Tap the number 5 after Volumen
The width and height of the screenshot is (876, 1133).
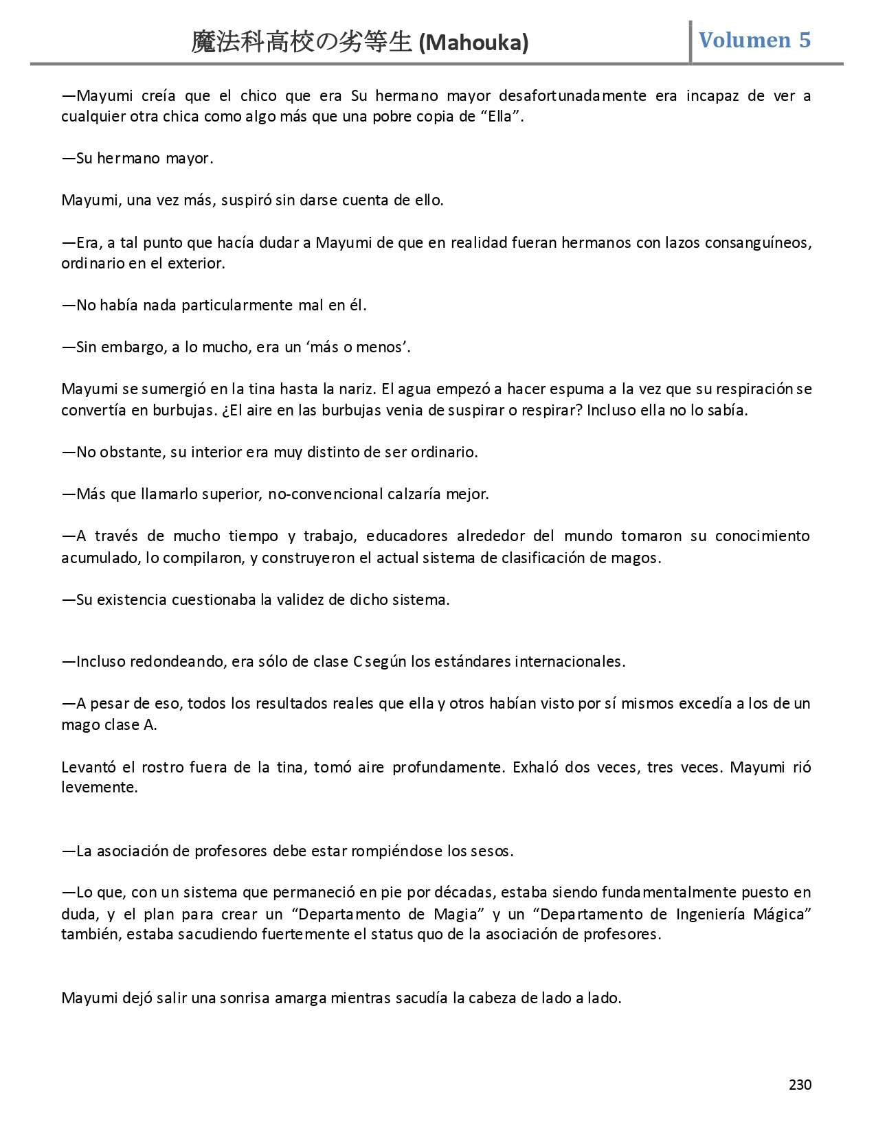(805, 41)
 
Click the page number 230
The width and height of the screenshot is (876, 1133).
(800, 1085)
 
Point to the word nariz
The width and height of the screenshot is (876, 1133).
(357, 389)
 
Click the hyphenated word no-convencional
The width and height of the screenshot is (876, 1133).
(325, 494)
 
